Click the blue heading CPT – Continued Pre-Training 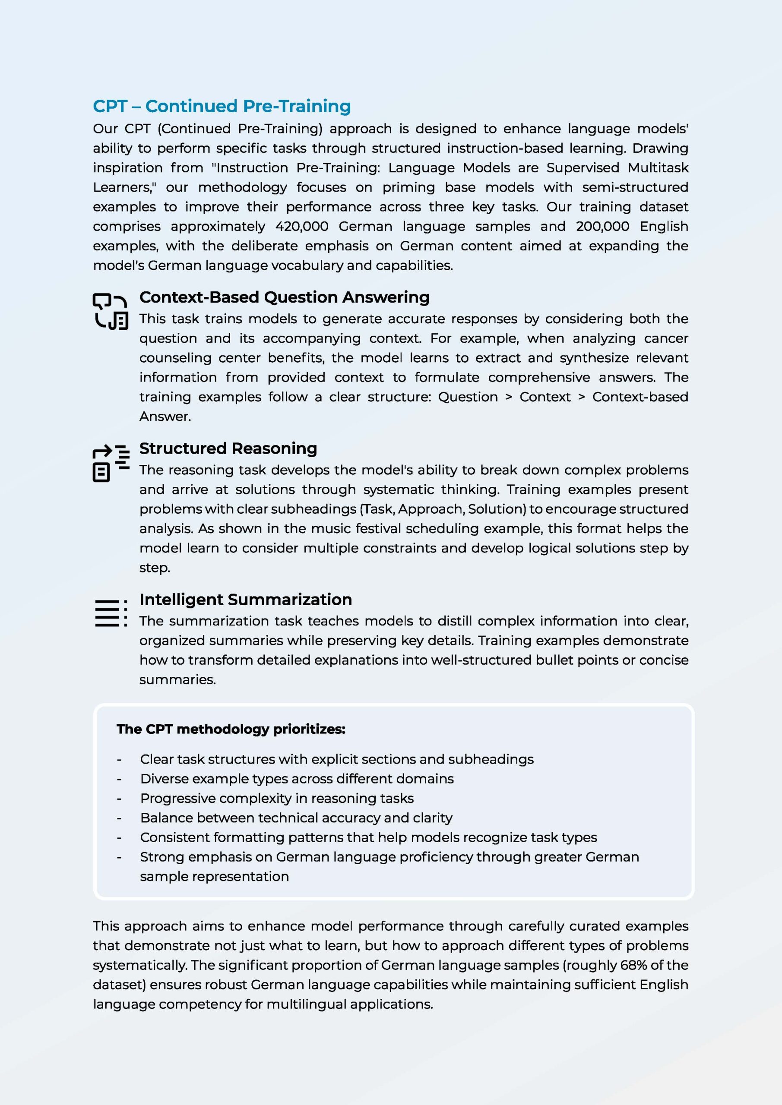point(222,106)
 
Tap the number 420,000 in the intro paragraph point(301,226)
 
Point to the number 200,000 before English point(602,226)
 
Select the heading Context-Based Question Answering point(284,297)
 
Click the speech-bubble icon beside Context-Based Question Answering point(110,311)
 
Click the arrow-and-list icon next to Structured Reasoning point(111,463)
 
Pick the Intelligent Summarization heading point(246,600)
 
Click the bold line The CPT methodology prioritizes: point(231,729)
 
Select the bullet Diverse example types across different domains point(297,779)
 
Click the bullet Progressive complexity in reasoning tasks point(277,799)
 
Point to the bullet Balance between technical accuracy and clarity point(296,818)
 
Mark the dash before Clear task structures point(119,759)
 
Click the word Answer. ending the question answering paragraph point(165,416)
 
